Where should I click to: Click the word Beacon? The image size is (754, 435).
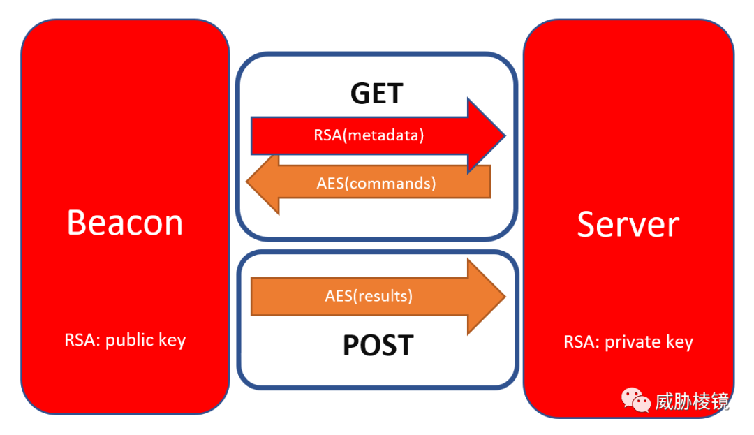125,223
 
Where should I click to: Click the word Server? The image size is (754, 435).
628,224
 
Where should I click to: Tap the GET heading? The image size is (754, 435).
376,94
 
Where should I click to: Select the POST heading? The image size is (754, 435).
378,345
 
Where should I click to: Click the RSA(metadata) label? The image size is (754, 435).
369,135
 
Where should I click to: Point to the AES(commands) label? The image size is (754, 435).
376,183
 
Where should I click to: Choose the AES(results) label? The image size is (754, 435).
369,295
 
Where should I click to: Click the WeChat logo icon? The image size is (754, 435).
636,400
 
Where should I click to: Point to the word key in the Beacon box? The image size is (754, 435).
172,340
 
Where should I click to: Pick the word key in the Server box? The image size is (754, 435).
679,341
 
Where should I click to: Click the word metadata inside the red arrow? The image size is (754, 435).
383,135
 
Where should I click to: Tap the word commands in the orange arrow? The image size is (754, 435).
390,183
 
